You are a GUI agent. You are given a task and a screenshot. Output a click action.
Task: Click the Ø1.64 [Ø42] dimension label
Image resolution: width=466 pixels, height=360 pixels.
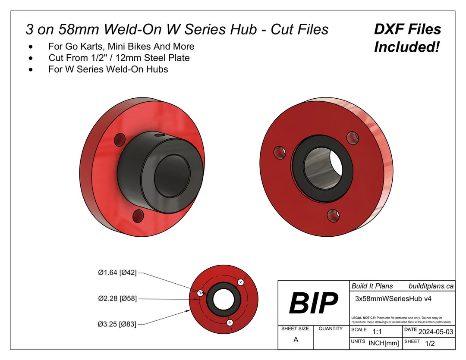[117, 272]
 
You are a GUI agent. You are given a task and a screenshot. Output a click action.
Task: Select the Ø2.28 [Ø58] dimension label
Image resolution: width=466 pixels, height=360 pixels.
[117, 298]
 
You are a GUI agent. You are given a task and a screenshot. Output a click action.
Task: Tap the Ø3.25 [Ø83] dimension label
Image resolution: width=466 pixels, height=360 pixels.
[117, 324]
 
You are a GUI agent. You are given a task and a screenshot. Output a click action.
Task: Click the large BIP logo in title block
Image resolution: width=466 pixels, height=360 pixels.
[313, 303]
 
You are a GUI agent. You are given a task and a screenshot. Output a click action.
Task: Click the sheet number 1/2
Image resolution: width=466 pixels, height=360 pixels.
[430, 344]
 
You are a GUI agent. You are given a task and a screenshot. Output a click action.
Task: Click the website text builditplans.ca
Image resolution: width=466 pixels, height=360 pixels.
[431, 286]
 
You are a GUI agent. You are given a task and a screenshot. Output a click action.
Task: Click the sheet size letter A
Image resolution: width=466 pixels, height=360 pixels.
[296, 340]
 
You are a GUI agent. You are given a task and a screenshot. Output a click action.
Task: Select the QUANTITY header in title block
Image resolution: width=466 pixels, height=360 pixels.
[331, 329]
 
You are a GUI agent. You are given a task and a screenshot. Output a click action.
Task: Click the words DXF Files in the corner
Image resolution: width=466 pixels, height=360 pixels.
[407, 29]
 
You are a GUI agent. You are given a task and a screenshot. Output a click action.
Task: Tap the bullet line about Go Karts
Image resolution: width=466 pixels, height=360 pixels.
[121, 46]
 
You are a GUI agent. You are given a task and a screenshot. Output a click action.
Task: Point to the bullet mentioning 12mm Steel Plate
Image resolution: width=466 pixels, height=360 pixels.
[119, 57]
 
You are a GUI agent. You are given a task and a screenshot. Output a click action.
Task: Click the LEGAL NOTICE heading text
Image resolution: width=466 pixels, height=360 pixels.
[363, 317]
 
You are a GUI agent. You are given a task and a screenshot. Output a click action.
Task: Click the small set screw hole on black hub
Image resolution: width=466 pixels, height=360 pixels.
[161, 135]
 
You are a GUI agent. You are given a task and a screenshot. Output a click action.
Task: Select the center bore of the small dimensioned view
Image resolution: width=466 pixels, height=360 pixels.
[223, 299]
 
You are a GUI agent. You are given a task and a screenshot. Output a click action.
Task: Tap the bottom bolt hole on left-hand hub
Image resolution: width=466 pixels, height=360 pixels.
[139, 215]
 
